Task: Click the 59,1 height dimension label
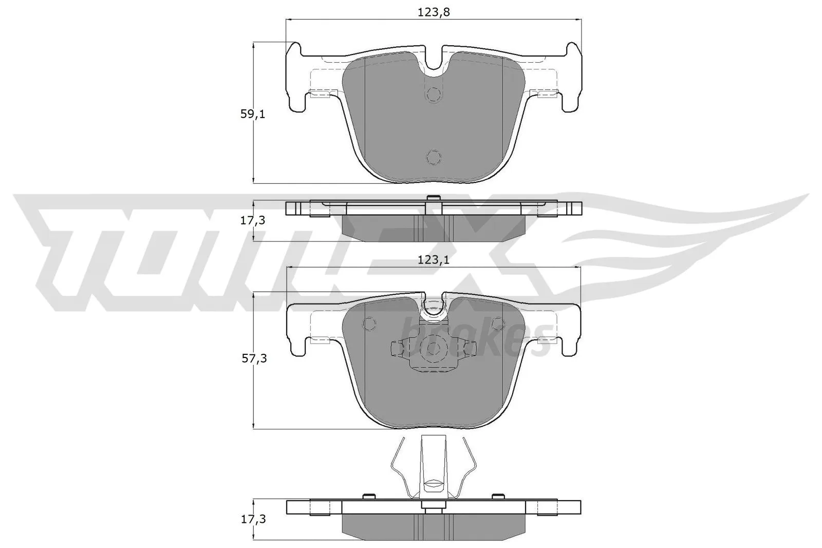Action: point(253,114)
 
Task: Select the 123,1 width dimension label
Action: point(433,260)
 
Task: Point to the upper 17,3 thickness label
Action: point(253,220)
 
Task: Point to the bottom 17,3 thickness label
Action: point(253,519)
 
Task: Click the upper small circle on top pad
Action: point(434,95)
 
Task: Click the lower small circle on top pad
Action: point(434,158)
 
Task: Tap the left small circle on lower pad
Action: point(369,324)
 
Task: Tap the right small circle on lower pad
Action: point(498,324)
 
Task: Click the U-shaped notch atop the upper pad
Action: point(435,61)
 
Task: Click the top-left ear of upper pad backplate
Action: point(294,51)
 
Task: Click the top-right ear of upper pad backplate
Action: point(573,51)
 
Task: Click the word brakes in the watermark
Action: point(475,341)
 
